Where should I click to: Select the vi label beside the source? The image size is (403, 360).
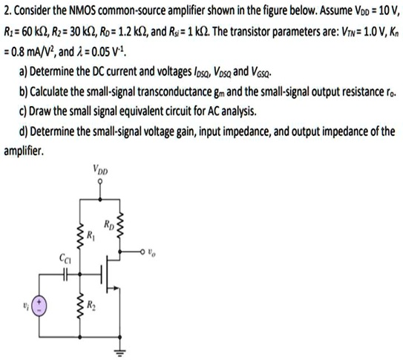pyautogui.click(x=24, y=305)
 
